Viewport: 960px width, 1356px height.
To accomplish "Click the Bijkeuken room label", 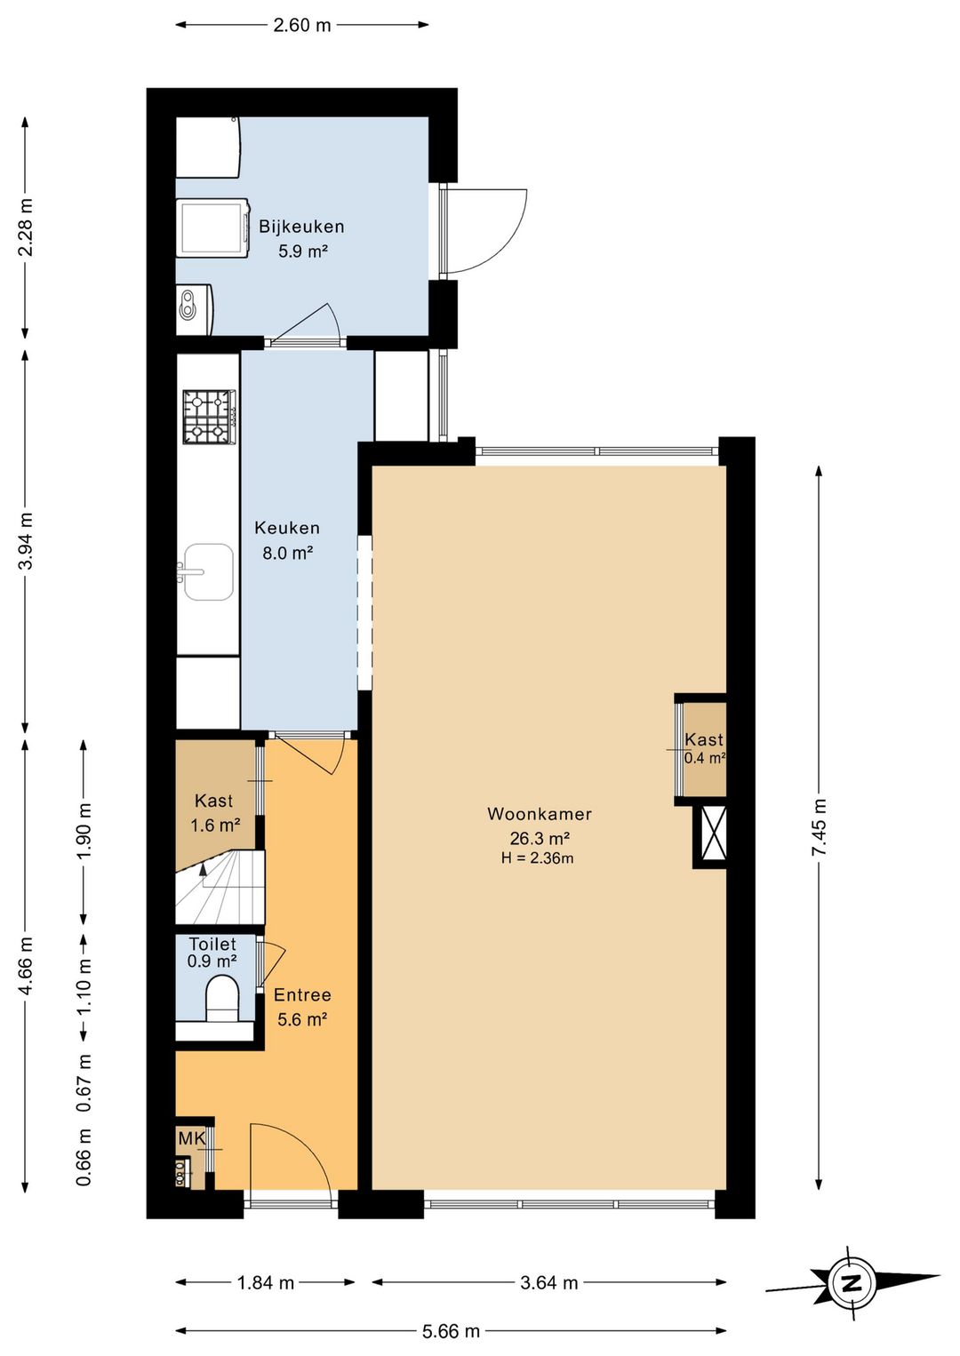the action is pos(301,227).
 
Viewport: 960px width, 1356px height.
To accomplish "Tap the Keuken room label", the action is pos(287,528).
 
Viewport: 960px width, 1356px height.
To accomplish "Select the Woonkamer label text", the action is pos(540,814).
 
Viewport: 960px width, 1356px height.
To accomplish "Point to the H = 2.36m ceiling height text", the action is pos(537,857).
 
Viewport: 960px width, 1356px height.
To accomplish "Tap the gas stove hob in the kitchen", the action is pos(210,417).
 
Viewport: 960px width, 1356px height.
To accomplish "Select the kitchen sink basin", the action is pos(208,572).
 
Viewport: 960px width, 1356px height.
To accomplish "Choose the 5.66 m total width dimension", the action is pos(452,1331).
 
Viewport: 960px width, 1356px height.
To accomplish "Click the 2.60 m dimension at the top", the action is pos(302,26).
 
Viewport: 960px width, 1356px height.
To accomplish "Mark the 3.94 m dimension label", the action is pos(26,540).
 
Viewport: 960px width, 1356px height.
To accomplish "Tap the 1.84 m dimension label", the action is pos(265,1283).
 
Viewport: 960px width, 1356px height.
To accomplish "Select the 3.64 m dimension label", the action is pos(549,1283).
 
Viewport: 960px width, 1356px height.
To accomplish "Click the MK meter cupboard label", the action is pos(192,1138).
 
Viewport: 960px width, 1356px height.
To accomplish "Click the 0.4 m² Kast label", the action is pos(705,758).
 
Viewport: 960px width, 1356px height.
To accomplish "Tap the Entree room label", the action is pos(302,995).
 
